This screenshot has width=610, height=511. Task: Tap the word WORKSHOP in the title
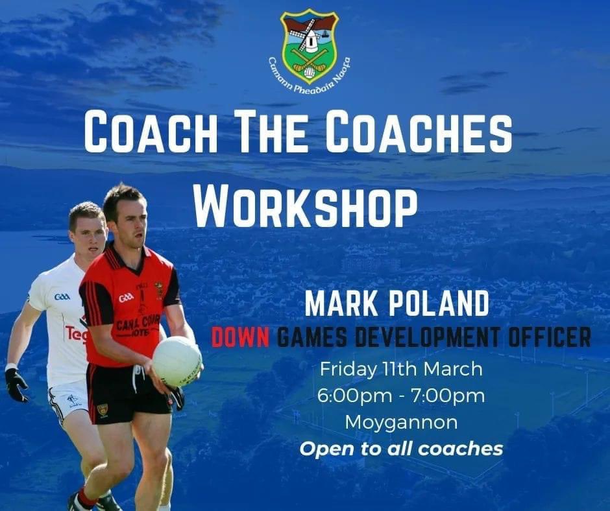coord(306,206)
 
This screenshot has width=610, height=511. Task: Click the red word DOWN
coord(240,337)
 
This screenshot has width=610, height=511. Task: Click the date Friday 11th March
coord(401,369)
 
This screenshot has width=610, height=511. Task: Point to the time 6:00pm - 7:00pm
coord(401,396)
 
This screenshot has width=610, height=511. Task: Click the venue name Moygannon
coord(401,422)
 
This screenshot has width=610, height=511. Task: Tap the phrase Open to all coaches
coord(401,448)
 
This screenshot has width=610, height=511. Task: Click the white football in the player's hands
coord(177,361)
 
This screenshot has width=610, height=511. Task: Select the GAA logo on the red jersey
coord(126,297)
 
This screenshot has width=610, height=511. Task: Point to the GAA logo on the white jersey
coord(62,296)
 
